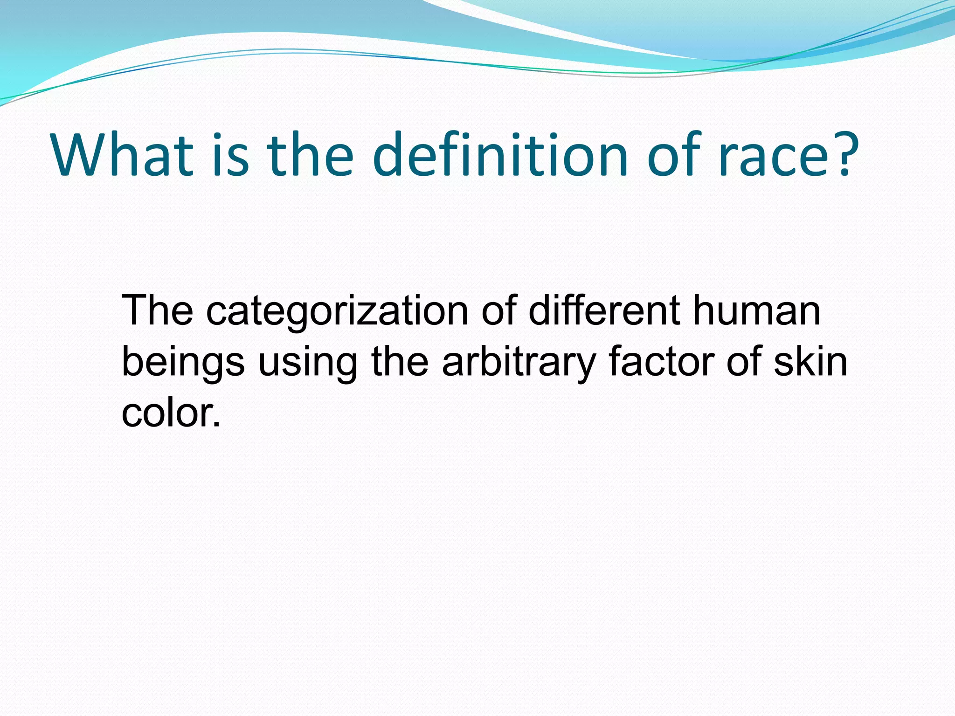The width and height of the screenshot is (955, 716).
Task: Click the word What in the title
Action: point(123,155)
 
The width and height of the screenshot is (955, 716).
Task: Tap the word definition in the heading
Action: point(500,155)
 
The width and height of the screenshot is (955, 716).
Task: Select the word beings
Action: point(183,363)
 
